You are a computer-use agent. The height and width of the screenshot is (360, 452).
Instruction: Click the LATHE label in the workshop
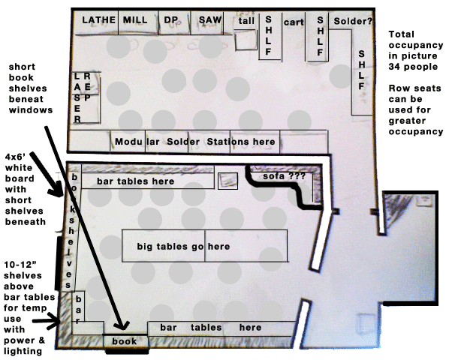tap(97, 20)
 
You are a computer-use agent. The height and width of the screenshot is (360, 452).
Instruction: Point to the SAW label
tap(209, 20)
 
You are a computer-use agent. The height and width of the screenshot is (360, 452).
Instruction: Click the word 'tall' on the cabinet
tap(246, 22)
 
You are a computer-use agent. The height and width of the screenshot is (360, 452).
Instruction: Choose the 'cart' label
tap(293, 22)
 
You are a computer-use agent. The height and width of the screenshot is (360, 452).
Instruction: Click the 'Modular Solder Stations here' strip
tap(195, 142)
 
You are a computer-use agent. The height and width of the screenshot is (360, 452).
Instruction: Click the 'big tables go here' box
tap(204, 247)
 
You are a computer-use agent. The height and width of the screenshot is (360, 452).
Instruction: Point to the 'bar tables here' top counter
tap(147, 181)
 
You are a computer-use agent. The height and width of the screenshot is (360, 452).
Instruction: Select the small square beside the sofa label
tap(227, 181)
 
